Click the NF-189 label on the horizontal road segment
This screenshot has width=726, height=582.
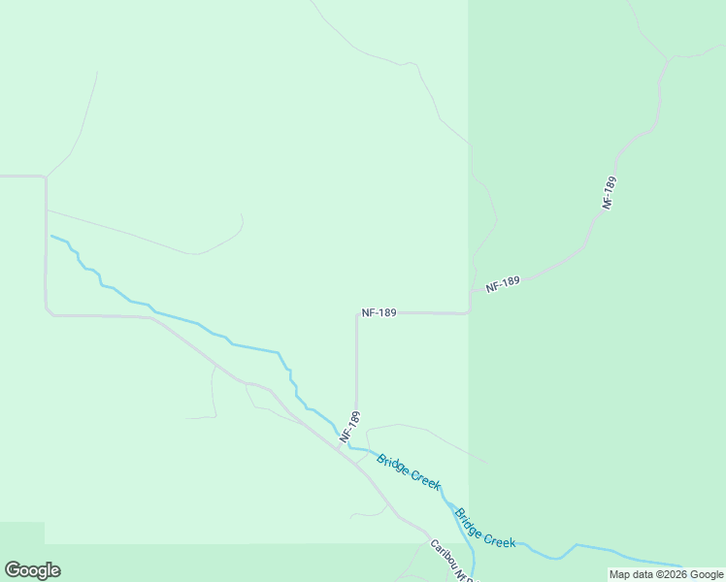click(x=378, y=313)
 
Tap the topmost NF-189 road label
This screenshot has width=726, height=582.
click(x=610, y=193)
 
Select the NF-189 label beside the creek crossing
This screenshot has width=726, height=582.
click(x=350, y=428)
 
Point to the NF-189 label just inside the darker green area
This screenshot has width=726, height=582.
click(x=503, y=283)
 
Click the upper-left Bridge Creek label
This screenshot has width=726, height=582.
click(x=409, y=471)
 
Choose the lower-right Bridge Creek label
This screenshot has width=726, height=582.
click(x=485, y=529)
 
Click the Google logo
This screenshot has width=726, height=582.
click(x=32, y=570)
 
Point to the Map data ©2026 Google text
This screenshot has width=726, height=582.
click(x=667, y=574)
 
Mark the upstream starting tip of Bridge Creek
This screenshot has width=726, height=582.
click(x=51, y=236)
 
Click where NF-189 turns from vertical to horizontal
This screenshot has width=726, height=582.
click(x=357, y=314)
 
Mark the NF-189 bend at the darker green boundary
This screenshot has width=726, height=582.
click(x=470, y=308)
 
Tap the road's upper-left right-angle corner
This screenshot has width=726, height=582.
click(x=45, y=178)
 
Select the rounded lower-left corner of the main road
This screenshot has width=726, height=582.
click(x=48, y=312)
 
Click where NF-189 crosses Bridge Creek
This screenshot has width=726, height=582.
click(x=350, y=447)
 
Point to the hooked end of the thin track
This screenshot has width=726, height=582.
click(x=241, y=217)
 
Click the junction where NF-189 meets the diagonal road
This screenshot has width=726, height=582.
click(x=353, y=456)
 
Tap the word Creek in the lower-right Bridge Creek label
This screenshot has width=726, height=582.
click(x=499, y=536)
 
